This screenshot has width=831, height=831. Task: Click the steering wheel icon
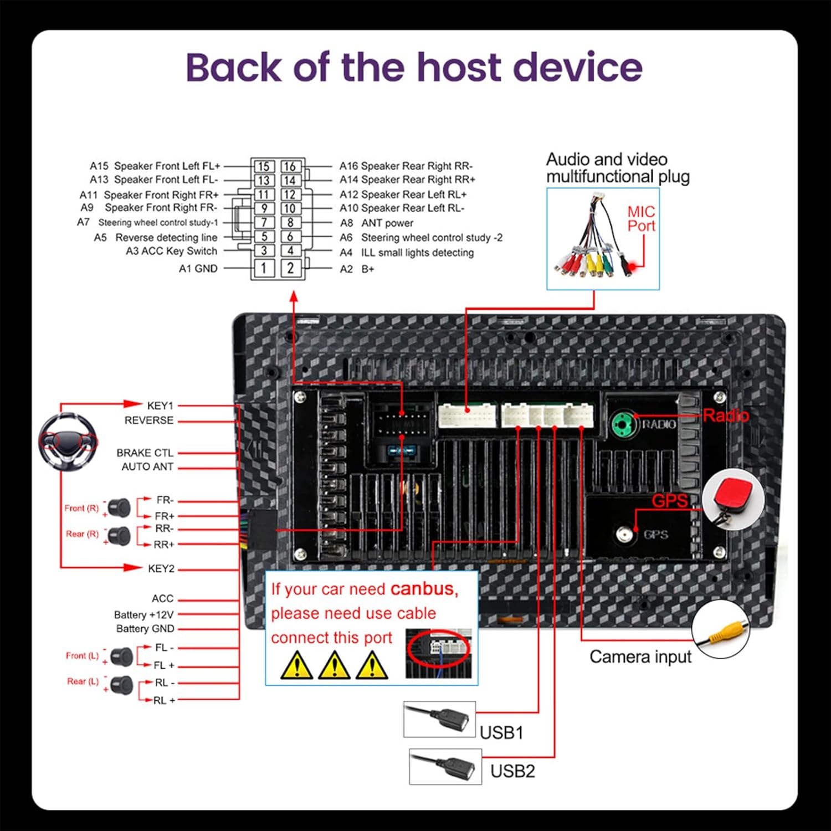point(68,442)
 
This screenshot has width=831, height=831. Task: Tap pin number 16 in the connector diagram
point(290,166)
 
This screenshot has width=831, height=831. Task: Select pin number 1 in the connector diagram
point(264,268)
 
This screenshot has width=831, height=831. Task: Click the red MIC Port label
point(641,219)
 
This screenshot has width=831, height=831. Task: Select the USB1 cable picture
point(439,719)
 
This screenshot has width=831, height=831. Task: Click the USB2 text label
point(512,771)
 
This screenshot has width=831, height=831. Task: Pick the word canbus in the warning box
point(424,588)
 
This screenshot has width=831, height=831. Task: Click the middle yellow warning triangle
point(334,665)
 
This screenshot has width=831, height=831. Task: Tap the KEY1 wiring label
point(160,406)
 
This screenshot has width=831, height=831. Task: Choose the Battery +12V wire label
point(144,614)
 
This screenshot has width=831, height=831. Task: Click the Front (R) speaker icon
point(119,507)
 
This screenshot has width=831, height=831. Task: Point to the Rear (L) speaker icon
point(121,685)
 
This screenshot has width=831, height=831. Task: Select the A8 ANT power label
point(377,223)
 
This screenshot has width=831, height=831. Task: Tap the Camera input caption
point(640,657)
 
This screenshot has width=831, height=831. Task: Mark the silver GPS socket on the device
point(625,534)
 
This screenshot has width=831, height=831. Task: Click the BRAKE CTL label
point(145,453)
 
